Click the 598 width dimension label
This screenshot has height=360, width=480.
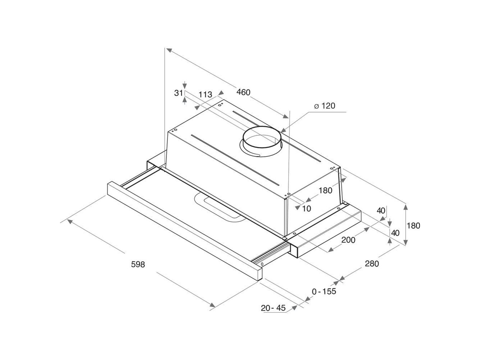(138, 265)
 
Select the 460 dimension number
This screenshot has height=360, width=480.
(243, 92)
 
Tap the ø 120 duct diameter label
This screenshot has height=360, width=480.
(325, 106)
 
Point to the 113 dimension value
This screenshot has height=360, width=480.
(205, 94)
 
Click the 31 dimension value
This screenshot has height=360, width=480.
(178, 93)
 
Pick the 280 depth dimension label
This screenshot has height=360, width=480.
(372, 264)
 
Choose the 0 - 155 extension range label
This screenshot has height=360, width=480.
(324, 291)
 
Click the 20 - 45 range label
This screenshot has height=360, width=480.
(273, 308)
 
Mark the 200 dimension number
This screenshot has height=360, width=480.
(348, 240)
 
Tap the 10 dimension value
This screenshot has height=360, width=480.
(307, 209)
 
